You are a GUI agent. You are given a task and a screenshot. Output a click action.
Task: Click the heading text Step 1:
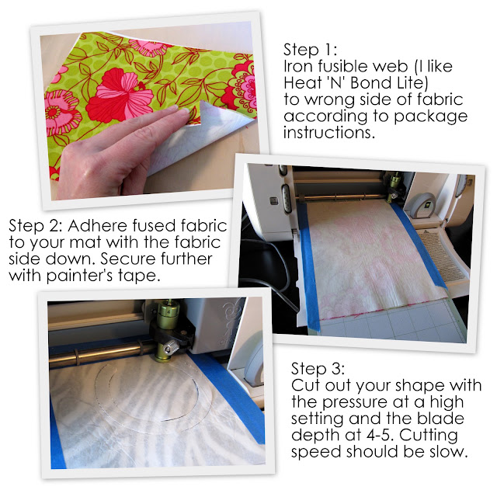coord(310,50)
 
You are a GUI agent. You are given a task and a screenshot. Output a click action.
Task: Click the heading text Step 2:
coord(35,226)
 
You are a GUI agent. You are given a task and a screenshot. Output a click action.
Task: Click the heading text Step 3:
coord(318,369)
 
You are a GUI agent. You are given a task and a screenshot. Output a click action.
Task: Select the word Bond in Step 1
coord(367,83)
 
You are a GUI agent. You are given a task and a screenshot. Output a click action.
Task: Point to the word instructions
coord(329,133)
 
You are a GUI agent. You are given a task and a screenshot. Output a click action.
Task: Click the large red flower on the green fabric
coord(120,95)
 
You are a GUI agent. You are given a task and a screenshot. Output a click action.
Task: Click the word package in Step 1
coord(431,116)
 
